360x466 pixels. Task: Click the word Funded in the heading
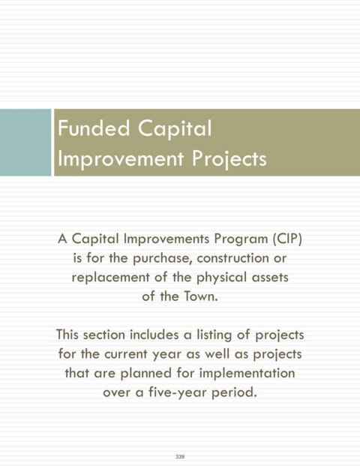click(x=94, y=128)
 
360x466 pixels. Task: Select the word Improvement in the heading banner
click(x=121, y=158)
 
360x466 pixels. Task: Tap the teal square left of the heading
click(x=25, y=143)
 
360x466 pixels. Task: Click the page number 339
click(x=180, y=456)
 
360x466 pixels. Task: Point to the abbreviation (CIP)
click(x=287, y=239)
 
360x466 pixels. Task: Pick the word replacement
click(x=110, y=278)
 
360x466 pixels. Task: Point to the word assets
click(x=270, y=278)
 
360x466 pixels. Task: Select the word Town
click(x=201, y=296)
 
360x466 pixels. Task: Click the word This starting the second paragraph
click(x=67, y=335)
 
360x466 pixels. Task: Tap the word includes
click(x=154, y=335)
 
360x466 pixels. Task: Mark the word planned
click(x=145, y=374)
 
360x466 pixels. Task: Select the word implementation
click(x=247, y=374)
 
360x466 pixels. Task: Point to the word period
click(x=234, y=393)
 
